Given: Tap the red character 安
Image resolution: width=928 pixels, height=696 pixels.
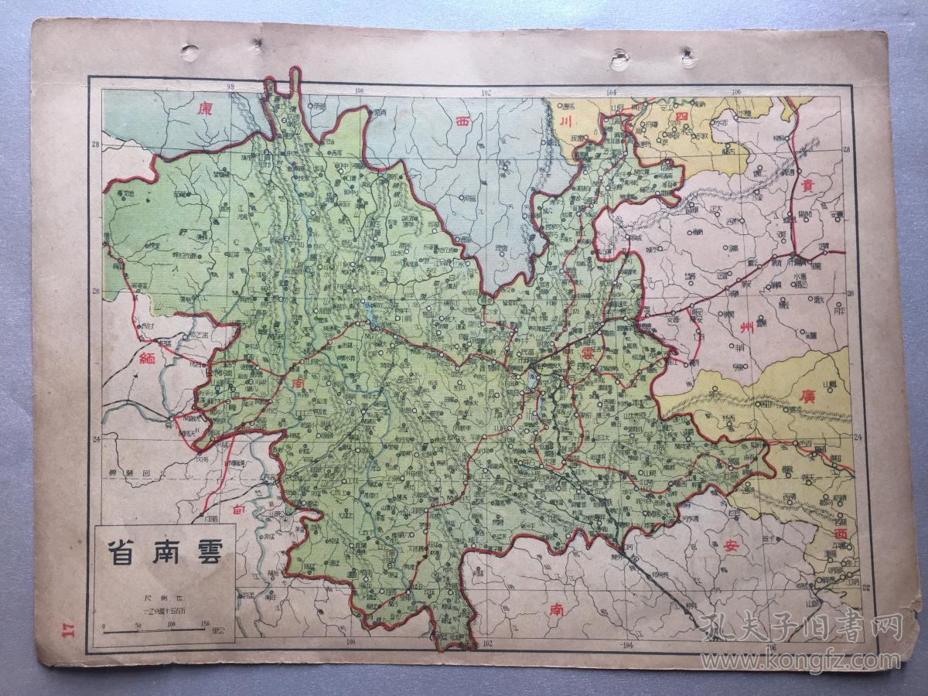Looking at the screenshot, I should [731, 547].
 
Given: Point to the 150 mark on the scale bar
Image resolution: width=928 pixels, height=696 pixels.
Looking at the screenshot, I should [204, 624].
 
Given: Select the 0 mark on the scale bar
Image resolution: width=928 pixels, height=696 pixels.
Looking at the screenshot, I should [104, 624].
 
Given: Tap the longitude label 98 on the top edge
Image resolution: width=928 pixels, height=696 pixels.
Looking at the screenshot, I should [230, 87].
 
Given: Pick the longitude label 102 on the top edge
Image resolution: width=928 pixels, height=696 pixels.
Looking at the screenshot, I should [486, 92].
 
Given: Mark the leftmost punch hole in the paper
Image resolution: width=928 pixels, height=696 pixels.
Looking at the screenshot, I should [189, 53].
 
